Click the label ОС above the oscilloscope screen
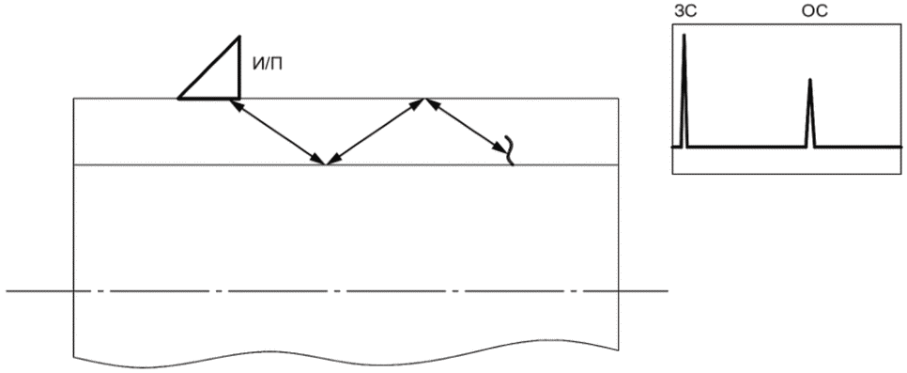click(814, 11)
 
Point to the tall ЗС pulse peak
click(684, 35)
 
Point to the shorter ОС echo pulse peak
click(809, 79)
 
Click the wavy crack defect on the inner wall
click(510, 150)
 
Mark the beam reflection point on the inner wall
click(326, 165)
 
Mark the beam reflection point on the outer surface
click(425, 99)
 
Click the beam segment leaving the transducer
click(278, 132)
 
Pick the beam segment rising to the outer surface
click(376, 132)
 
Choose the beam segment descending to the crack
click(467, 125)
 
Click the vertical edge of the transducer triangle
click(239, 68)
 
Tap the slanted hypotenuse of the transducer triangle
click(208, 68)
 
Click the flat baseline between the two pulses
click(746, 148)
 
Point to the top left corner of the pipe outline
click(74, 99)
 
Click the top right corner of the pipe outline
click(619, 99)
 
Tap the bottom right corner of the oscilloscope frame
click(901, 173)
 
